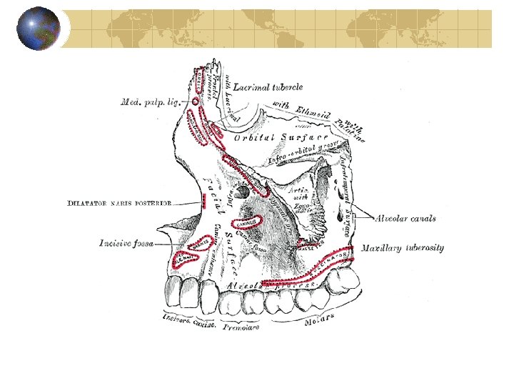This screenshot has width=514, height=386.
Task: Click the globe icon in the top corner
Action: [x=39, y=29]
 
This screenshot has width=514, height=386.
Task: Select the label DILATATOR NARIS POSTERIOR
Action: [x=119, y=203]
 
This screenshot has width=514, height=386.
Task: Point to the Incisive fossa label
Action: [x=126, y=244]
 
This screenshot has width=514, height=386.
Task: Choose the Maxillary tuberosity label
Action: [x=402, y=248]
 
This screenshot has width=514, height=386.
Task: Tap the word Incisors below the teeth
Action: [x=175, y=319]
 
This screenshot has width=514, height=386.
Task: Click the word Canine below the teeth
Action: [x=205, y=324]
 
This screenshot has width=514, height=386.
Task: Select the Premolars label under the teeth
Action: [x=241, y=327]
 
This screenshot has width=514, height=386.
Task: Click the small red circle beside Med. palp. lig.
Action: [x=196, y=102]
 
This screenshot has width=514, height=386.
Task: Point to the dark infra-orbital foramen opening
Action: [x=243, y=192]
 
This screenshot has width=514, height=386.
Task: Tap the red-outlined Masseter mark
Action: [x=308, y=245]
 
